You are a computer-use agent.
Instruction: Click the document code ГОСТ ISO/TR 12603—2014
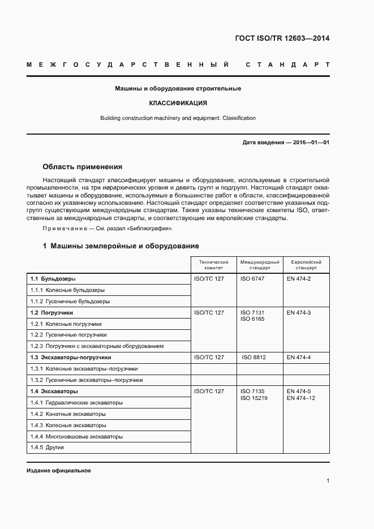point(282,38)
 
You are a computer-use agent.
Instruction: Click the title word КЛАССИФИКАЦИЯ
point(178,104)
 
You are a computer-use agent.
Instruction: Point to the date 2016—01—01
point(309,143)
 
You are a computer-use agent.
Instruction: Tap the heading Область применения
point(83,167)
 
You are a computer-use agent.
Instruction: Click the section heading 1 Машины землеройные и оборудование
point(121,246)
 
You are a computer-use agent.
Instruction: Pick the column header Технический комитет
point(213,265)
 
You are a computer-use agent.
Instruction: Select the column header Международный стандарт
point(260,265)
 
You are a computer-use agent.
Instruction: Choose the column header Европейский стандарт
point(306,265)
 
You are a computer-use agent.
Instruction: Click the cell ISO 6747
point(252,279)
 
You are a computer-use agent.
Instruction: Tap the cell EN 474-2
point(299,279)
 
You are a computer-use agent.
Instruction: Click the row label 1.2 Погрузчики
point(51,312)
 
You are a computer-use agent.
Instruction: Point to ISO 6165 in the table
point(252,319)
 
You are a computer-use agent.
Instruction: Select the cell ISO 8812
point(253,358)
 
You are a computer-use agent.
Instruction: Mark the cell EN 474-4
point(299,358)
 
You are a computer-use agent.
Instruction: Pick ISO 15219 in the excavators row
point(254,398)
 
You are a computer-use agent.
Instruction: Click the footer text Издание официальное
point(59,471)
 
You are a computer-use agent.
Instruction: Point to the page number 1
point(328,481)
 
